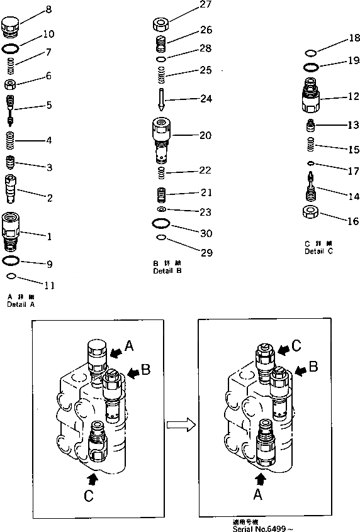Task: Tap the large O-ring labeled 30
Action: (162, 223)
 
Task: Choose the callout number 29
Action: (206, 253)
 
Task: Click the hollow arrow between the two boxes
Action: (180, 425)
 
